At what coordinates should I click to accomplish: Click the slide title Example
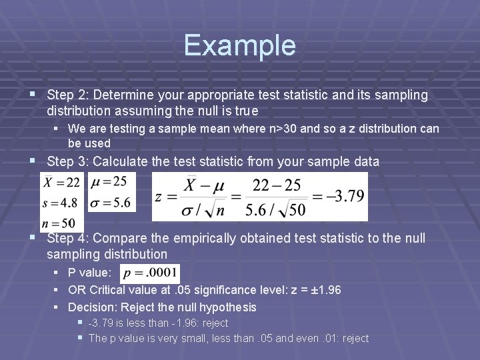239,45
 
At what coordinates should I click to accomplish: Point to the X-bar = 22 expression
61,182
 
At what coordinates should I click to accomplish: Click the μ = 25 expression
111,182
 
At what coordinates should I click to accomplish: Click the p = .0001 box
150,273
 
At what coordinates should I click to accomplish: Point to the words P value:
90,273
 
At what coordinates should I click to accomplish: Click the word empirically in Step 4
205,239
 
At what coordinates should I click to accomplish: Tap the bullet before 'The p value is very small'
81,338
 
